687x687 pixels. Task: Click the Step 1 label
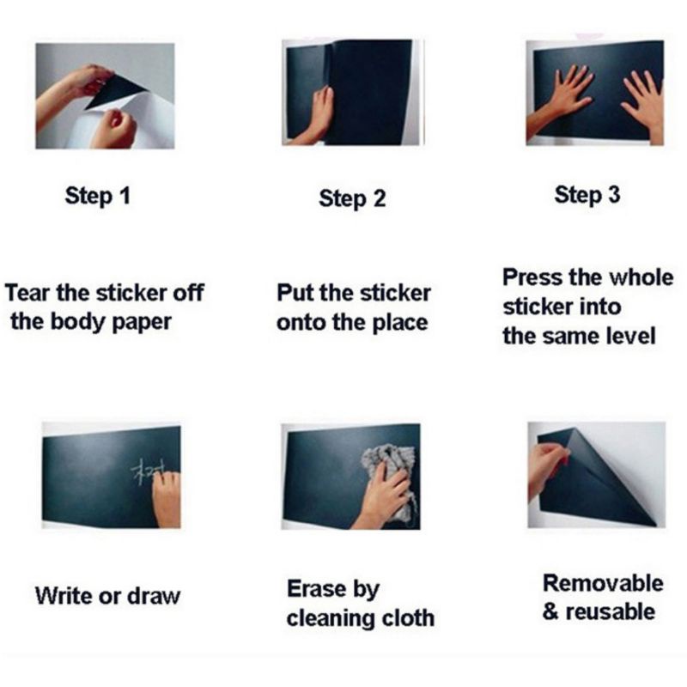click(98, 196)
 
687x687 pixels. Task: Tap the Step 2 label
click(352, 199)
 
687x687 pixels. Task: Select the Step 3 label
click(587, 195)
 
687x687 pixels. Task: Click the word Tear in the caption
click(27, 293)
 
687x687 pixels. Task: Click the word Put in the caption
click(295, 293)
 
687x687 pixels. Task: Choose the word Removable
click(603, 583)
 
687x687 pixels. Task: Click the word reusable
click(611, 611)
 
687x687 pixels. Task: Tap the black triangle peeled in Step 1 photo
click(115, 91)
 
